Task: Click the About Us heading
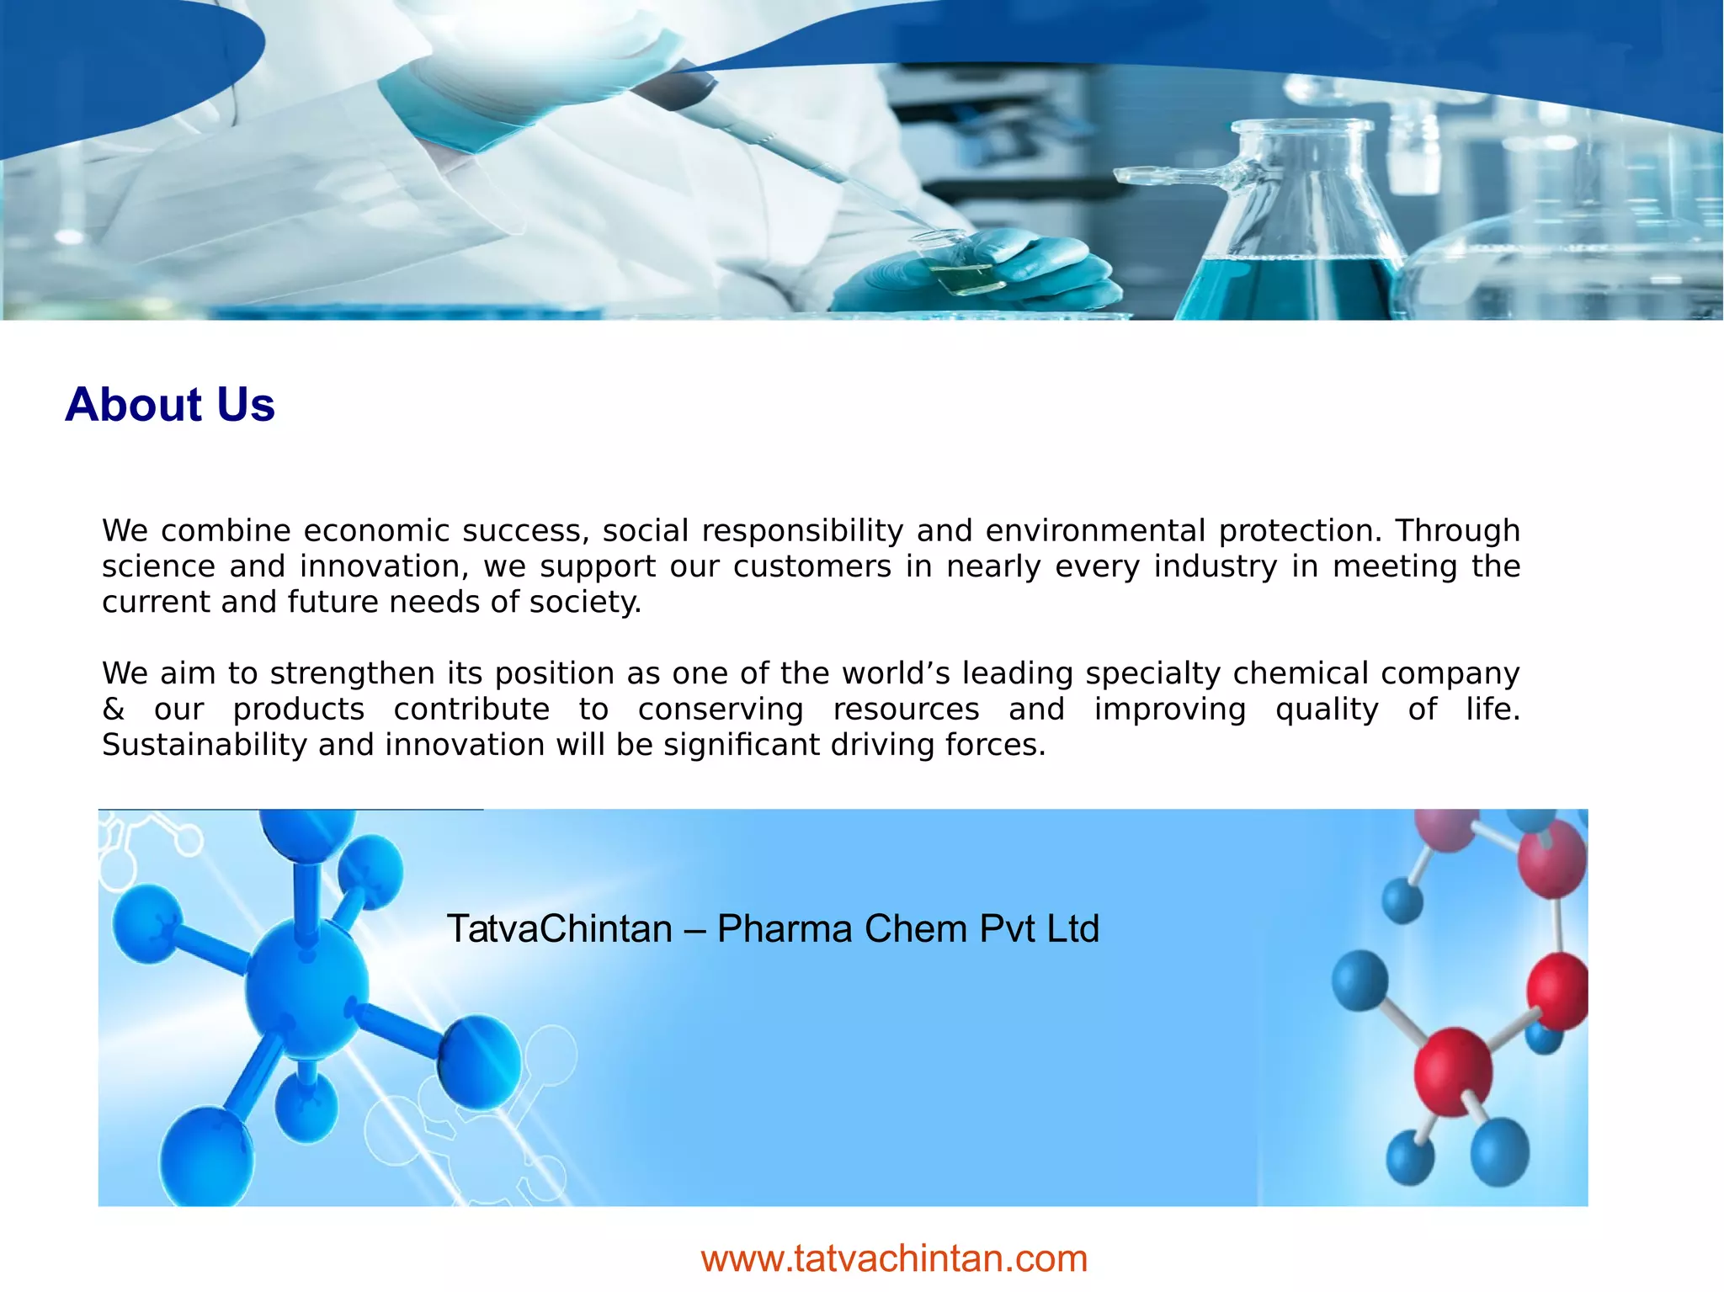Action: coord(170,405)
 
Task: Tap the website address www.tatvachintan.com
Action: coord(894,1259)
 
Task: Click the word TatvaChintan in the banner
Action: coord(559,929)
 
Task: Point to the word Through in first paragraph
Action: coord(1457,531)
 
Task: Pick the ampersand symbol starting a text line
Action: coord(114,710)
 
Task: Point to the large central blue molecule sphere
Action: coord(306,989)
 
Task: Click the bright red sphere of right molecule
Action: coord(1453,1071)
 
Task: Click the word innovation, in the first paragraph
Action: coord(384,567)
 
